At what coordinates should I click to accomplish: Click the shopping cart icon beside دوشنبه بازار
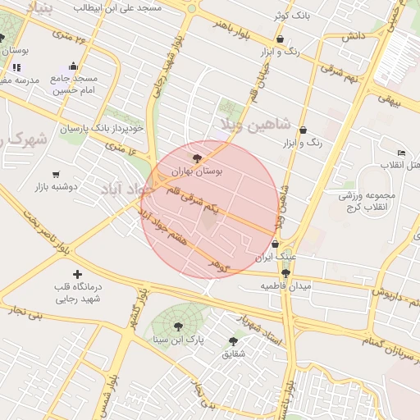pyautogui.click(x=56, y=174)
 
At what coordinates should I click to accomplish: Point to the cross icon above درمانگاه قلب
pyautogui.click(x=78, y=274)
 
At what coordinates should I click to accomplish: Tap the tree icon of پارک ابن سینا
pyautogui.click(x=178, y=326)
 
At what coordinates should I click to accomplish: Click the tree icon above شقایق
pyautogui.click(x=233, y=340)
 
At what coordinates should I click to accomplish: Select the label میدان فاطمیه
pyautogui.click(x=287, y=286)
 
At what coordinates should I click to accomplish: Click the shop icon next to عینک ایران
pyautogui.click(x=275, y=244)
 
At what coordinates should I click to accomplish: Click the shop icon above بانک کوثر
pyautogui.click(x=281, y=39)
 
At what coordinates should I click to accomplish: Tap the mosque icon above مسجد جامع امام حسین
pyautogui.click(x=74, y=66)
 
